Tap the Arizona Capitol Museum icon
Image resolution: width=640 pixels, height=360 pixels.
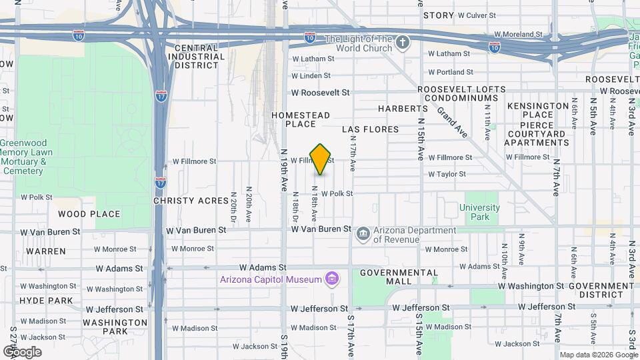331,279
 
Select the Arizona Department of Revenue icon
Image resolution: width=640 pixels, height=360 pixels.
363,233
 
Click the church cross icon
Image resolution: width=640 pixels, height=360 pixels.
402,43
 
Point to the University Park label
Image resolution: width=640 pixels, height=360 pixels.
479,212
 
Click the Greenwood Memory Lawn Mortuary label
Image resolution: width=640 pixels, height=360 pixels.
23,157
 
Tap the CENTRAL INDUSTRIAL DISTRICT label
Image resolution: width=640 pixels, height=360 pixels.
196,57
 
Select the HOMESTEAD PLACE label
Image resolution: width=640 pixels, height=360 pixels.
300,119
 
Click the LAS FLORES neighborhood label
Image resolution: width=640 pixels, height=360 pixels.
370,129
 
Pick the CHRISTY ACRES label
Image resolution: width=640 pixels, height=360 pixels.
186,201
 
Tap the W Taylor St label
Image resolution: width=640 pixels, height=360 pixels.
450,175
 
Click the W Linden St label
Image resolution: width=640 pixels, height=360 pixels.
311,76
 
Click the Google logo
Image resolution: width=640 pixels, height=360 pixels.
22,351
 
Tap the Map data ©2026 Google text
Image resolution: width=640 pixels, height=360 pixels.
597,355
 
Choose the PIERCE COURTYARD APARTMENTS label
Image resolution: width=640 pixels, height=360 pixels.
537,133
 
